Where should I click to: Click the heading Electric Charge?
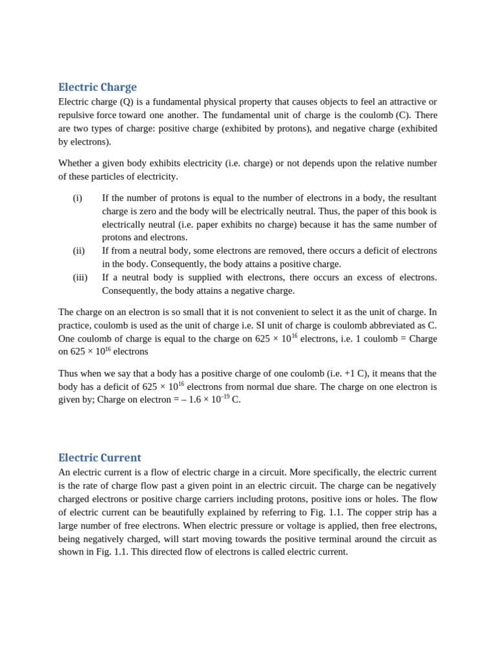coord(98,87)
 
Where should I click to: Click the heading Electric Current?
coord(99,458)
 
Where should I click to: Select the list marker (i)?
coord(77,198)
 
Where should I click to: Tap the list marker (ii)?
coord(79,250)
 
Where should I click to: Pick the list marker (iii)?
coord(80,277)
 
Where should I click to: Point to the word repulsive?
coord(78,115)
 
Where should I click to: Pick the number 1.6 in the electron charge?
coord(196,400)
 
